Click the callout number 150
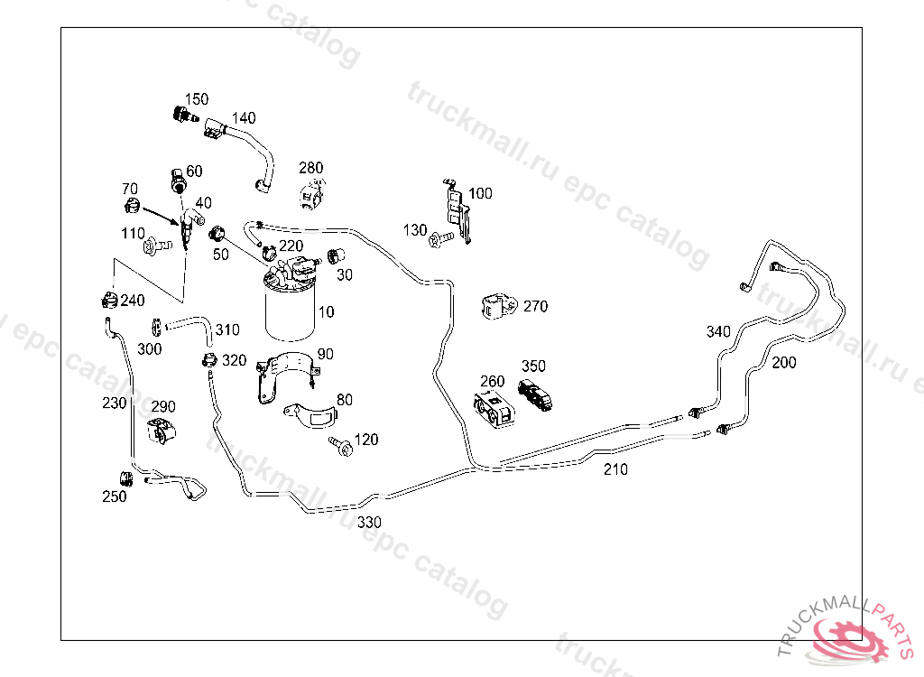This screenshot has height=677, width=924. (197, 99)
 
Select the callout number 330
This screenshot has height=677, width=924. (369, 522)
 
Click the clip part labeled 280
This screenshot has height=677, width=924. (312, 193)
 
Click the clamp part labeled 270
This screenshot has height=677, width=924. (498, 306)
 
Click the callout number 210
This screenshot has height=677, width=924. (615, 469)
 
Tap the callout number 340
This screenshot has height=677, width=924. (718, 332)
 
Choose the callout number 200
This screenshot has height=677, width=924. (784, 363)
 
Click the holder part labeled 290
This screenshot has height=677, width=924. (162, 431)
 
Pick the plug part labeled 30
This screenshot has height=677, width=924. (337, 255)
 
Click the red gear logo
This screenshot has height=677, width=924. (851, 636)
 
